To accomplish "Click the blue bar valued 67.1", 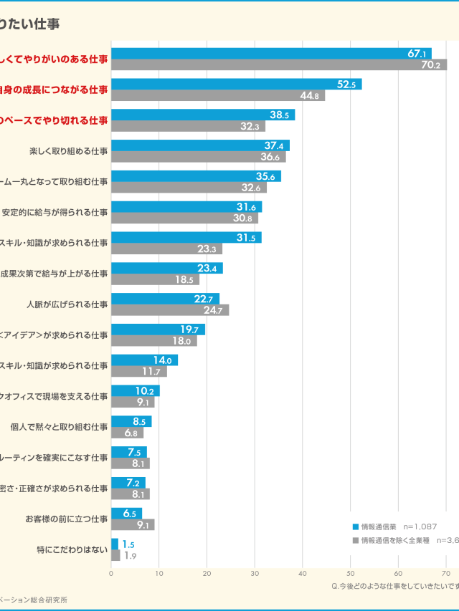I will [271, 54].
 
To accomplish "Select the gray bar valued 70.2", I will [279, 65].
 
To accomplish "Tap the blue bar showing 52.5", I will [236, 85].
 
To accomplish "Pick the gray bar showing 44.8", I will [218, 96].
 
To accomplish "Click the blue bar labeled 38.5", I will [203, 115].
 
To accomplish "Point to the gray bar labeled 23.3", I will [166, 249].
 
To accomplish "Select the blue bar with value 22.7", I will [165, 299].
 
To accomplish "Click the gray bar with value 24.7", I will [170, 310].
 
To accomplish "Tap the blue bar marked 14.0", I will [144, 360].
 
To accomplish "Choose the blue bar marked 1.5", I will [115, 544].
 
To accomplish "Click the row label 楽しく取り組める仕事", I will [69, 151].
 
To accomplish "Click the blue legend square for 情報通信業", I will [356, 526].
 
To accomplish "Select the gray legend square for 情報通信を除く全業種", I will [356, 540].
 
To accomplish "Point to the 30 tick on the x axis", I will [255, 573].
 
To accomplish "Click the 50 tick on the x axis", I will [350, 573].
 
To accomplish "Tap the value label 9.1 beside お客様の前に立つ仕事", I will [143, 525].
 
